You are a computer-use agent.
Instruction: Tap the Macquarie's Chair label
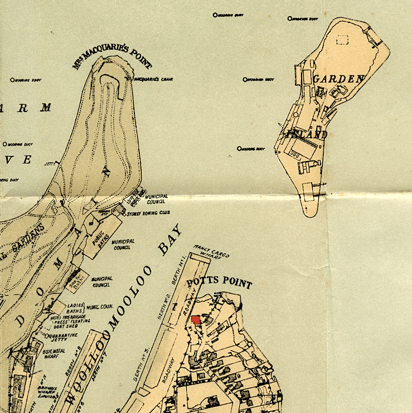point(154,80)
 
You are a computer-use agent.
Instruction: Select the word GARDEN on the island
point(338,79)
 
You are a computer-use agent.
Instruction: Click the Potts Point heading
point(219,282)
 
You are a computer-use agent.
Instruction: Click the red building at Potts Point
point(196,319)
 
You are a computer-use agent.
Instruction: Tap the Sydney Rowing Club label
point(147,213)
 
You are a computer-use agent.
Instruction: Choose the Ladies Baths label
point(75,308)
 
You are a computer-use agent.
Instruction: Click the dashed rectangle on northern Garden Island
point(342,40)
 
